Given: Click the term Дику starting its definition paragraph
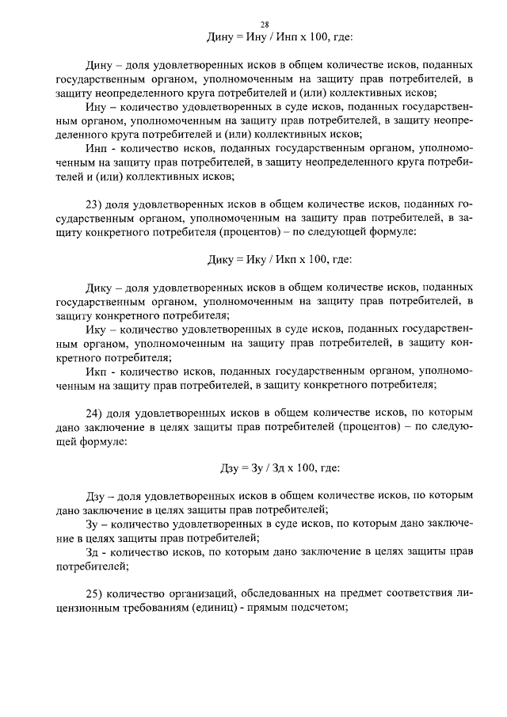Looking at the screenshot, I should point(99,286).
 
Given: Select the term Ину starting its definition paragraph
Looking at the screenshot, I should point(96,105).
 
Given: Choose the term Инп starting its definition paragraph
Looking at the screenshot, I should point(97,147).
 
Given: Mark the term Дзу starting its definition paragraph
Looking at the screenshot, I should point(97,494).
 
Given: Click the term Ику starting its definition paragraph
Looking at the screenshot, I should point(97,328).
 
